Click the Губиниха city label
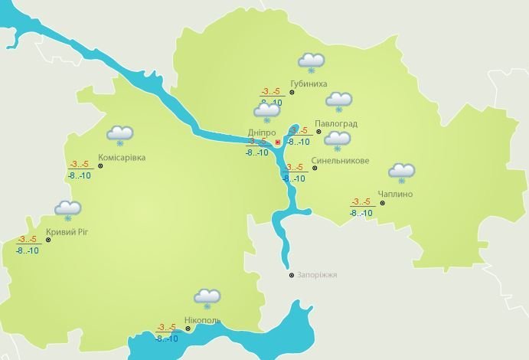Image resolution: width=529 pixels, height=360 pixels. tap(309, 83)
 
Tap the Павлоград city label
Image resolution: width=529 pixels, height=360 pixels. tap(335, 124)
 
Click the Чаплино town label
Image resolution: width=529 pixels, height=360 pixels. tap(395, 195)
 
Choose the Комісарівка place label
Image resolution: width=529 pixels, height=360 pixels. tap(122, 159)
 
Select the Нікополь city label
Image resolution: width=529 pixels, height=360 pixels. tap(203, 319)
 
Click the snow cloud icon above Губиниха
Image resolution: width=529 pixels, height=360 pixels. tap(312, 62)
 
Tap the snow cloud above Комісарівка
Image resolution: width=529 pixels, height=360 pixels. tap(120, 134)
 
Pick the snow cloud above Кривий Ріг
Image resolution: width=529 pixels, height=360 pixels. tap(68, 208)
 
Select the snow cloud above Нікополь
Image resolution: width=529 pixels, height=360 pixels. tap(207, 297)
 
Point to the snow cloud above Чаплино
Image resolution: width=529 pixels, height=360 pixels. tap(401, 172)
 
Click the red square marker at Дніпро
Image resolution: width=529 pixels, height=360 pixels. tap(277, 142)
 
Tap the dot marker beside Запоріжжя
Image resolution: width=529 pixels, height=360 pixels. tap(291, 275)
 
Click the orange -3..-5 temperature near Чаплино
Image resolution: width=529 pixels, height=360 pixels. tap(361, 202)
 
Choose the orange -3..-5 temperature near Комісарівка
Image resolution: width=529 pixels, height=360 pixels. tap(79, 165)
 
